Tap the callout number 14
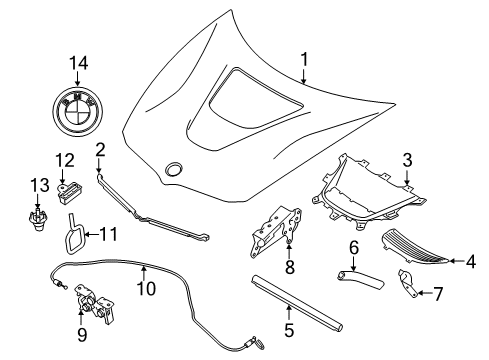pyautogui.click(x=79, y=63)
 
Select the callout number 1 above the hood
pyautogui.click(x=304, y=60)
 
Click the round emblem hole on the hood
pyautogui.click(x=174, y=169)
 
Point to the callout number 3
pyautogui.click(x=407, y=160)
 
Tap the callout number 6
pyautogui.click(x=354, y=248)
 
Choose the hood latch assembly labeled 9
pyautogui.click(x=95, y=304)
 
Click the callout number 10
pyautogui.click(x=146, y=288)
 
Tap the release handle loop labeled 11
pyautogui.click(x=74, y=233)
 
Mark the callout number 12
pyautogui.click(x=65, y=160)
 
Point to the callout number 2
pyautogui.click(x=100, y=150)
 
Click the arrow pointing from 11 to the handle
pyautogui.click(x=92, y=234)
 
